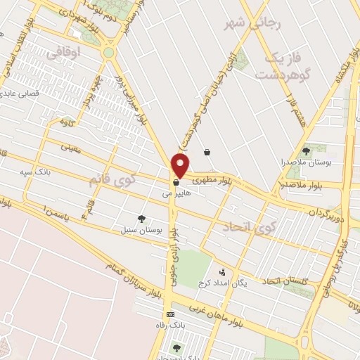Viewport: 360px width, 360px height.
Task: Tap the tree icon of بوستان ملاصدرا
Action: pos(305,150)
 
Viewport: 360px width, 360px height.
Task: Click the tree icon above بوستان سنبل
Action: pos(142,219)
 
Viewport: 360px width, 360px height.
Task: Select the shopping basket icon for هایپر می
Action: pos(176,184)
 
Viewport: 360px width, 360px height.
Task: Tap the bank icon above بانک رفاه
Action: pos(169,314)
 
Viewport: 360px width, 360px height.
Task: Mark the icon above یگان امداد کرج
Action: pos(223,272)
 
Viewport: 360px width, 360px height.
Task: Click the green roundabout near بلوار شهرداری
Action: pos(108,52)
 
